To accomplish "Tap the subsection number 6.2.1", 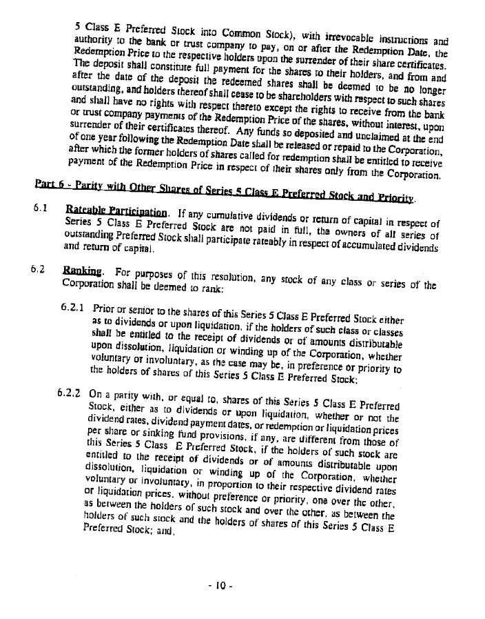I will coord(71,306).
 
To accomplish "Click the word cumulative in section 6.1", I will coord(254,214).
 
